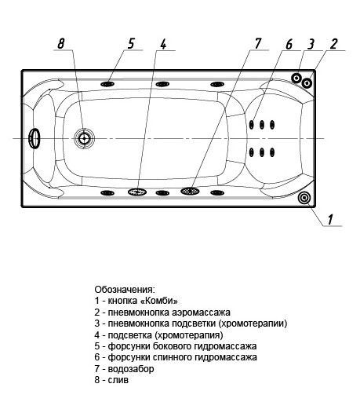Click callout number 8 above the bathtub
pyautogui.click(x=61, y=43)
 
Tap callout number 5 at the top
pyautogui.click(x=131, y=43)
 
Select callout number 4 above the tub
pyautogui.click(x=163, y=44)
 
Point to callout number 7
pyautogui.click(x=257, y=43)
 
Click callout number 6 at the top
pyautogui.click(x=289, y=44)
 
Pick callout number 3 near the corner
pyautogui.click(x=311, y=44)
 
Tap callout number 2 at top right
pyautogui.click(x=333, y=44)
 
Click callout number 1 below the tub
pyautogui.click(x=330, y=219)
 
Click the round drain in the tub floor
pyautogui.click(x=84, y=138)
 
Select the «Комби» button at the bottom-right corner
pyautogui.click(x=304, y=197)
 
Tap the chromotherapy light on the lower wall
pyautogui.click(x=137, y=192)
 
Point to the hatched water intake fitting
pyautogui.click(x=190, y=191)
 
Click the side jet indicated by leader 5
pyautogui.click(x=107, y=84)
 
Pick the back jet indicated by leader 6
pyautogui.click(x=252, y=125)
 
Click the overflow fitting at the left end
pyautogui.click(x=35, y=138)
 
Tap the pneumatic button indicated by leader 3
pyautogui.click(x=296, y=78)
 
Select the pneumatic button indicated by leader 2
pyautogui.click(x=307, y=83)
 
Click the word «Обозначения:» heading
pyautogui.click(x=125, y=290)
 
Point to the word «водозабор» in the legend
pyautogui.click(x=131, y=369)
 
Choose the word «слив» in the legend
pyautogui.click(x=118, y=380)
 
